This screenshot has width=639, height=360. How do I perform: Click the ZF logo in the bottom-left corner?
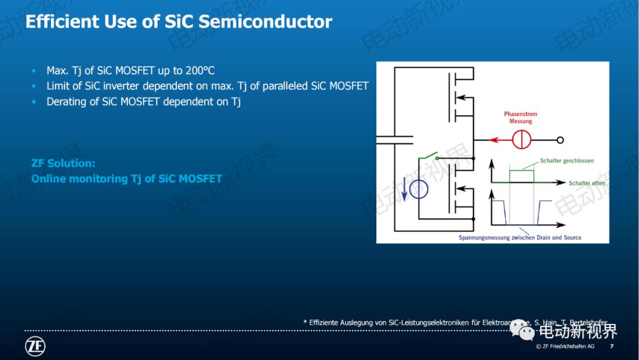coord(35,346)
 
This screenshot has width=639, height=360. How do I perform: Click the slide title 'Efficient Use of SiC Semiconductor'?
coord(179,22)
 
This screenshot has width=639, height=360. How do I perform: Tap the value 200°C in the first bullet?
coord(200,70)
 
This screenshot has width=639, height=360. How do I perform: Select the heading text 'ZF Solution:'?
coord(63,163)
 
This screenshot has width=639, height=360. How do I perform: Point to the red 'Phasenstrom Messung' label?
coord(521,117)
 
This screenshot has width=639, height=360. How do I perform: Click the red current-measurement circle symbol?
coord(521,140)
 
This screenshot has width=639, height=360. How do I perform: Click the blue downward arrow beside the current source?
coord(405,189)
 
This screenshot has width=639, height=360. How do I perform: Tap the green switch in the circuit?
coord(427,157)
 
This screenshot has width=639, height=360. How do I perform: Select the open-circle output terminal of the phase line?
coord(560,140)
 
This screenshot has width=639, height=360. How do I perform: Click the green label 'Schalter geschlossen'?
coord(566,160)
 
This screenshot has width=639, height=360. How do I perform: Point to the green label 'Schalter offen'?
coord(586,183)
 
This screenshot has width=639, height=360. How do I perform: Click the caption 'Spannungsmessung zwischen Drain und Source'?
coord(519,237)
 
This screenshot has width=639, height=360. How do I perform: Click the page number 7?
coord(612,346)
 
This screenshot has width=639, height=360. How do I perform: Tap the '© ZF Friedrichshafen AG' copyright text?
coord(565,346)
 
